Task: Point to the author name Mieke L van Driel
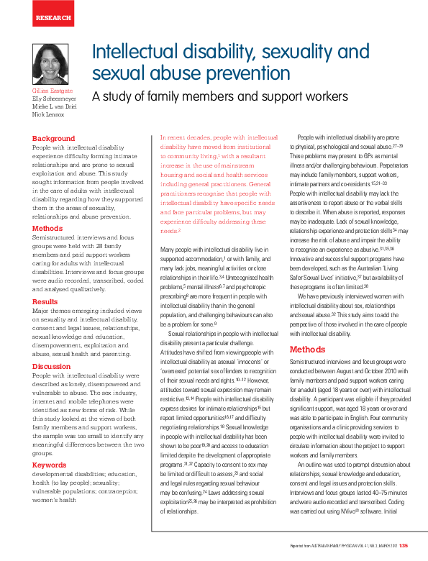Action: pos(53,107)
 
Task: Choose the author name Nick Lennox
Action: pos(47,114)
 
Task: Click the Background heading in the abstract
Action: pos(53,138)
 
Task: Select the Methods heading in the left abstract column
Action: pos(47,229)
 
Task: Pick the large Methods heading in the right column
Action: pos(307,350)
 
